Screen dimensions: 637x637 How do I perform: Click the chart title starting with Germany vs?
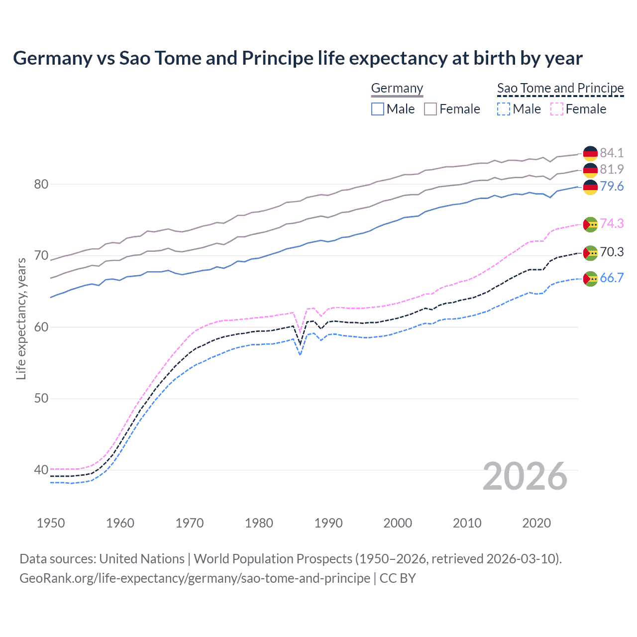[298, 58]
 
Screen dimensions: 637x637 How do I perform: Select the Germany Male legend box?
[378, 109]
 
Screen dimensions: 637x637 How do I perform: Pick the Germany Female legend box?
[430, 109]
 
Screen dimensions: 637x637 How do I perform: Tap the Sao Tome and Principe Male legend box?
[504, 109]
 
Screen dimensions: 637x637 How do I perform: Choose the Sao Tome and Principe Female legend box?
[557, 109]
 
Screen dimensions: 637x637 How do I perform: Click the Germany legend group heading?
[397, 88]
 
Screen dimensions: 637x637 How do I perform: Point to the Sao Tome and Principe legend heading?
[560, 88]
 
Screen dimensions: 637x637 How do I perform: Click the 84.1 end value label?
[612, 153]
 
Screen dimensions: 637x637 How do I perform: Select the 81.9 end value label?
[612, 169]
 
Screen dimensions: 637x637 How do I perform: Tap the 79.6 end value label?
[612, 186]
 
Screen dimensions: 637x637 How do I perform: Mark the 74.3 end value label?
[612, 223]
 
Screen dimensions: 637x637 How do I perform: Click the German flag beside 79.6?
[590, 187]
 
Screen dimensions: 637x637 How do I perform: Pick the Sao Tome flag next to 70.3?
[590, 253]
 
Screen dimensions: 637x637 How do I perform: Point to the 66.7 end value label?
[612, 278]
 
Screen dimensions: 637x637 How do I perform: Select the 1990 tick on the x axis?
[328, 523]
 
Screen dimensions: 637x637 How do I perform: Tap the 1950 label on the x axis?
[51, 523]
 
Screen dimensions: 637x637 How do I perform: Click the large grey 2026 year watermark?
[525, 476]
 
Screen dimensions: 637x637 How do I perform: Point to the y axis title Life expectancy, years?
[21, 318]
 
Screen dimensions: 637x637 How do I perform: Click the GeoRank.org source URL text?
[195, 578]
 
